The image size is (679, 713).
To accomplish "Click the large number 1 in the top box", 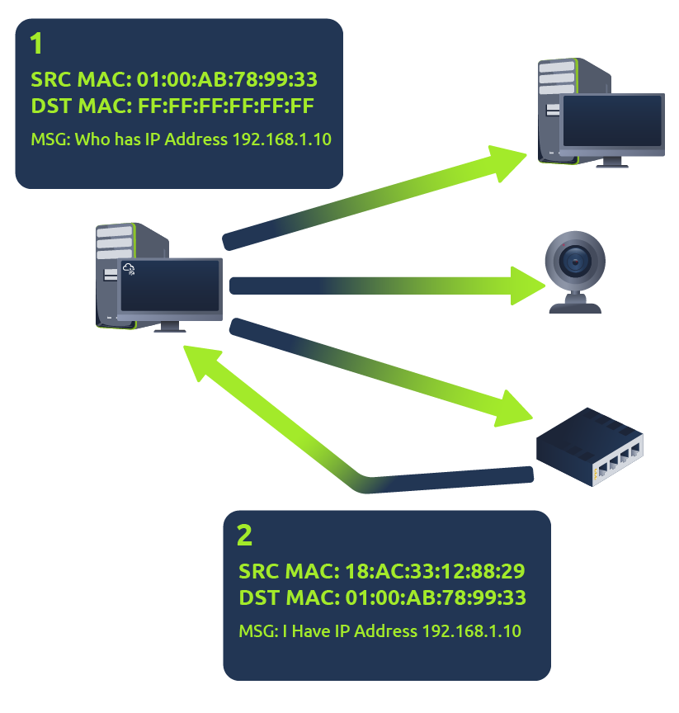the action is click(x=36, y=44).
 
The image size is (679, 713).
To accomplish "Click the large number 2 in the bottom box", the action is click(x=244, y=536).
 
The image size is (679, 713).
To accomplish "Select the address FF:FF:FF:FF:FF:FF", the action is click(x=225, y=106).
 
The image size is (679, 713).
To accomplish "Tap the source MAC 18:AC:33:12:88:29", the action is click(x=435, y=571).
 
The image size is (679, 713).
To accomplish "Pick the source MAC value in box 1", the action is click(x=227, y=79).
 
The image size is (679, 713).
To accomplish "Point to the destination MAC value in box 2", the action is click(x=436, y=597).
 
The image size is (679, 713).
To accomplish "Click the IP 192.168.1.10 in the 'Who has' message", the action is click(x=282, y=139).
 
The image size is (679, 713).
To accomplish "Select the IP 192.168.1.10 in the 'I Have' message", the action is click(x=471, y=631).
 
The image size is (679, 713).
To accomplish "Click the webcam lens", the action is click(x=575, y=262).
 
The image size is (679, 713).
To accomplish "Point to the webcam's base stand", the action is click(x=575, y=304).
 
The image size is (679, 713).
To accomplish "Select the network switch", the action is click(x=589, y=446).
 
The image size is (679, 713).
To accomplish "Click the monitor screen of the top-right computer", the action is click(x=611, y=121).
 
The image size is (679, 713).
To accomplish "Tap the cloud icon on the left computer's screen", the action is click(x=129, y=269).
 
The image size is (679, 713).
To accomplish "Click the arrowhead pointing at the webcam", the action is click(x=528, y=286).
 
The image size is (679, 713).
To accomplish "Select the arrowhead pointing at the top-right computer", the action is click(x=507, y=163).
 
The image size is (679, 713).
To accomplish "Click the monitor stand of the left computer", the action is click(x=169, y=327).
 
